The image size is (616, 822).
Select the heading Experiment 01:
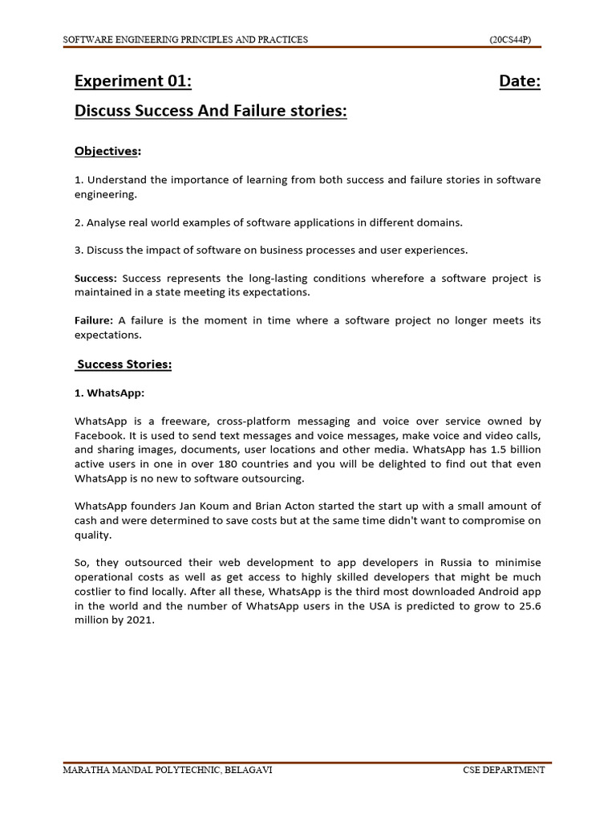tap(133, 81)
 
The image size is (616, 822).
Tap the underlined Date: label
tap(519, 81)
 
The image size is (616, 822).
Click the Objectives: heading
tap(107, 151)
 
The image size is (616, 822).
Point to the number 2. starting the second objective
tap(79, 222)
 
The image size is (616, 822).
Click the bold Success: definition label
tap(95, 278)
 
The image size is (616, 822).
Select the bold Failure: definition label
tap(93, 320)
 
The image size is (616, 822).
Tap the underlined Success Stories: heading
tap(124, 364)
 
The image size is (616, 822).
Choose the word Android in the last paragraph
tap(495, 592)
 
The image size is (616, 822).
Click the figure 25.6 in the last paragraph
tap(529, 606)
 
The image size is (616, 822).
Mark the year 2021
tap(138, 621)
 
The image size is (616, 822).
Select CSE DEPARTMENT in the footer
tap(503, 770)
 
